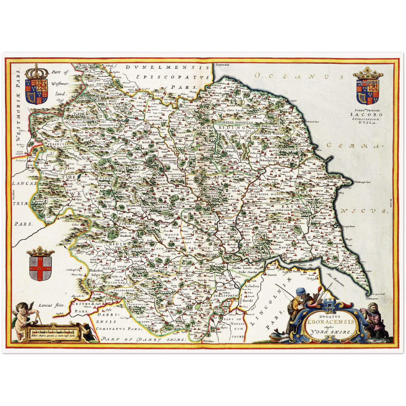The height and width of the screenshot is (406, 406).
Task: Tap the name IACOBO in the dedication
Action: coord(366,114)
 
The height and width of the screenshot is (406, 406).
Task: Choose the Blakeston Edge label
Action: coord(94,272)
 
